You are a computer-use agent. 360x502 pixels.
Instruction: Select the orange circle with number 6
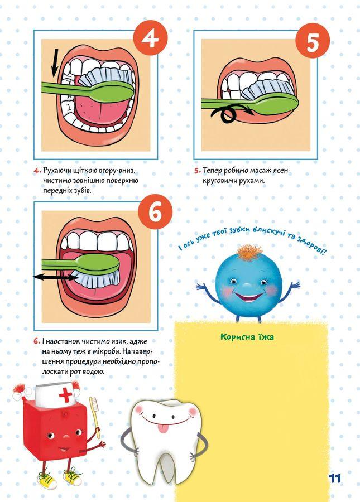tap(155, 212)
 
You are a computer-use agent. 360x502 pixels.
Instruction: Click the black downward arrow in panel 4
tap(55, 62)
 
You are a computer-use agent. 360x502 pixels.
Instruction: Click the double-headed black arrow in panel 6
tap(55, 277)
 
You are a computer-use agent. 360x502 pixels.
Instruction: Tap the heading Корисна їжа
tap(247, 337)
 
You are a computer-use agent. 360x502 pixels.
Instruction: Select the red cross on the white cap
tap(65, 395)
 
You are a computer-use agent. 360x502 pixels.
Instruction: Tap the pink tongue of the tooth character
tap(164, 428)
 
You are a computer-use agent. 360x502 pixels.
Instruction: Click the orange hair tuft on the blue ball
tap(249, 252)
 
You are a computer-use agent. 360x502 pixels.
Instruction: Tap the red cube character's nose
tap(66, 437)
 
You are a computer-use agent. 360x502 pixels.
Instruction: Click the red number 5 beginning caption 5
tap(197, 171)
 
